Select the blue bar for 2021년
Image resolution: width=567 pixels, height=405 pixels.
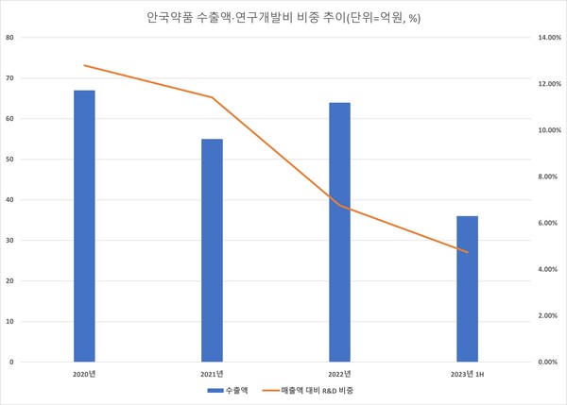[212, 250]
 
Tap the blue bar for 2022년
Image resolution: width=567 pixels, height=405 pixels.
[339, 232]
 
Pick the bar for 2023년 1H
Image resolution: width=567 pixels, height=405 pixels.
[467, 289]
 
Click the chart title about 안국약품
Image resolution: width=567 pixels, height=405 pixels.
[283, 16]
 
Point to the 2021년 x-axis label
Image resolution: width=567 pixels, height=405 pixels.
[212, 374]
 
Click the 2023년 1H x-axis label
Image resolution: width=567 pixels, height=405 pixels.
[467, 374]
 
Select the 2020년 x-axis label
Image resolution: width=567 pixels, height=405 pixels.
[84, 374]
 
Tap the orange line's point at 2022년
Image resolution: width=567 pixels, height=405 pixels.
[339, 205]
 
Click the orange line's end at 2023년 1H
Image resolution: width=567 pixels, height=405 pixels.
[467, 252]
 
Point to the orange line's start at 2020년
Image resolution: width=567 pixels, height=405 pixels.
[84, 65]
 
